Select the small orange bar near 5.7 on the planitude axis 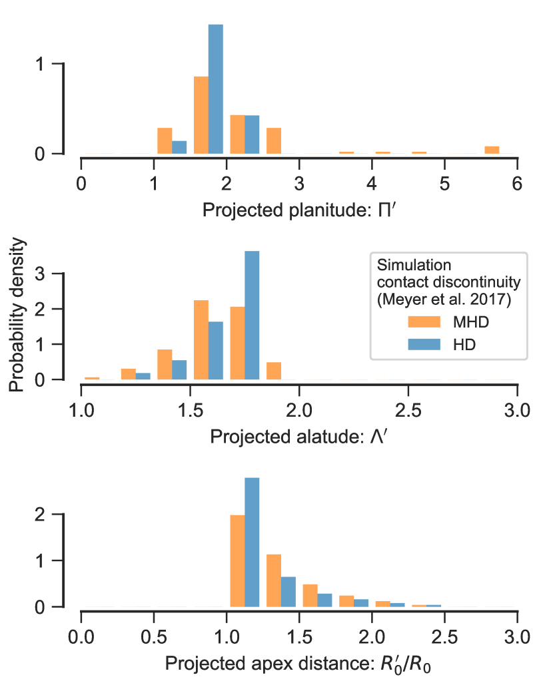492,150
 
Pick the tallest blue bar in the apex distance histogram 253,542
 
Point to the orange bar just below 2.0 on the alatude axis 274,371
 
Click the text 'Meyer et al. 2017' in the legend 443,300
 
